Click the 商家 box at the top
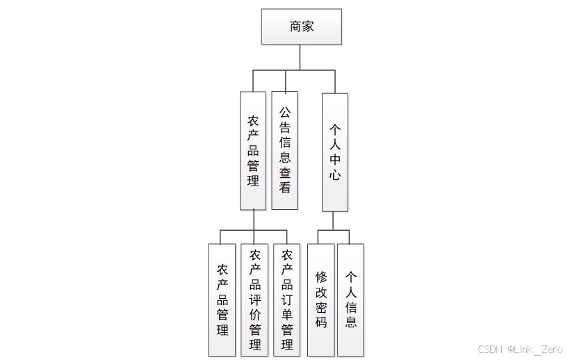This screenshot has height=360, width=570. point(301,27)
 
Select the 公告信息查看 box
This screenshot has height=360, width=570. point(284,150)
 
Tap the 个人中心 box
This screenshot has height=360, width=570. point(334,152)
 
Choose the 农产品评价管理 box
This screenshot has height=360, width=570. point(254,300)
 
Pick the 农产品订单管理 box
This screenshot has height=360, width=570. point(287,300)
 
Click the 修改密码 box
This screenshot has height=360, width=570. point(320,300)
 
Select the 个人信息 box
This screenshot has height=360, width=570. point(351,300)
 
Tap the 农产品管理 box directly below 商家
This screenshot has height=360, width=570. point(253,151)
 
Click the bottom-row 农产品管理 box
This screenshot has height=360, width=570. point(222,300)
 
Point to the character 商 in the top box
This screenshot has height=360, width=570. point(295,27)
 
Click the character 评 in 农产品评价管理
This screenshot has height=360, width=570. point(255,300)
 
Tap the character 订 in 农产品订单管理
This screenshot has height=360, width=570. point(287,300)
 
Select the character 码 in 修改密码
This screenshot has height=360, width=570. point(320,322)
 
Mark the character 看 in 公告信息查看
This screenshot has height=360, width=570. point(285,188)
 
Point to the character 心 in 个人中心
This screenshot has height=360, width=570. point(335,175)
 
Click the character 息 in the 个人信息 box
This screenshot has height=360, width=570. point(352,322)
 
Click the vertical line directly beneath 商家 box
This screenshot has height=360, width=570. point(300,57)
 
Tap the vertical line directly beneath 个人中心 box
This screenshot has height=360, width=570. point(334,220)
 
